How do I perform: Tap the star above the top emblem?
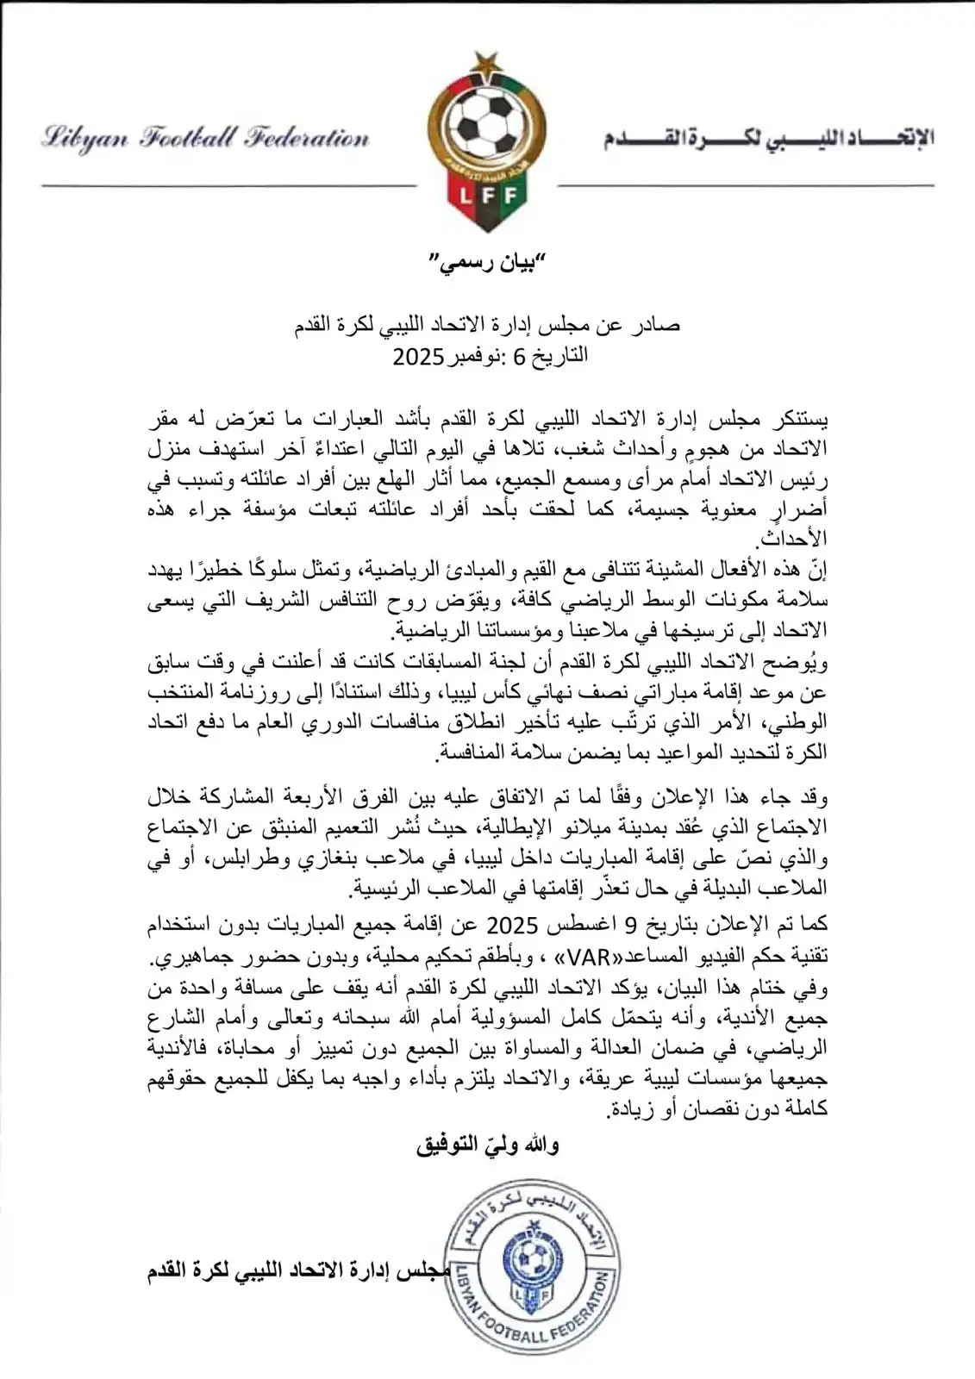(x=488, y=62)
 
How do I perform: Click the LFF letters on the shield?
(x=488, y=197)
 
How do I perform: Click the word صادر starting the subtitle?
(x=654, y=326)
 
